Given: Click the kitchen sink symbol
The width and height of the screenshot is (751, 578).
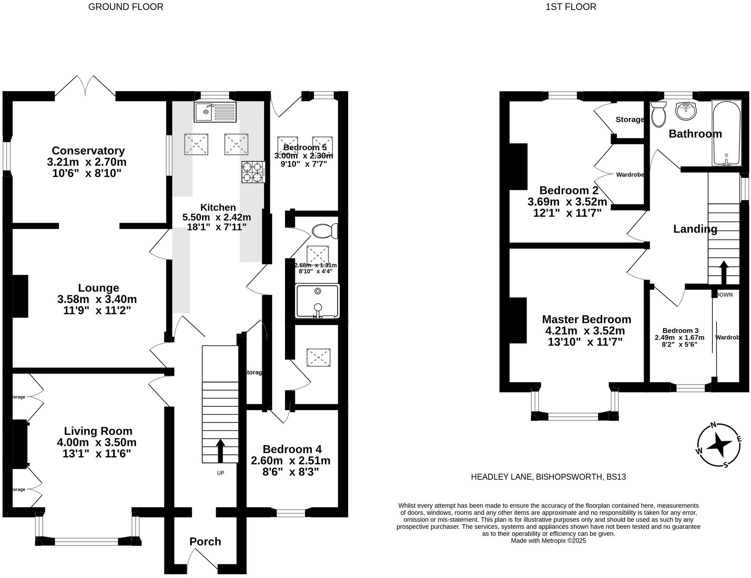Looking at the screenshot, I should (215, 112).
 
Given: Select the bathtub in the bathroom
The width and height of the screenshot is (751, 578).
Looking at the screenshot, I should (726, 133).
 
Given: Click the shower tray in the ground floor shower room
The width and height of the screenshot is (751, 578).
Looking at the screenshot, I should (317, 301).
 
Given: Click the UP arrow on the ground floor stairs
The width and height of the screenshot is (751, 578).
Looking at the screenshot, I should (220, 451).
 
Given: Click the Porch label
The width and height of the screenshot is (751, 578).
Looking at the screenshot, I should (205, 542).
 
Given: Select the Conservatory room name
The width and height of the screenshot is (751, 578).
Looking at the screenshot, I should (88, 151).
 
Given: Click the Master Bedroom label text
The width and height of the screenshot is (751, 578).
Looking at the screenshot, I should (587, 319).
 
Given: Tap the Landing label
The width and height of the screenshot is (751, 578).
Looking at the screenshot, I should (695, 229).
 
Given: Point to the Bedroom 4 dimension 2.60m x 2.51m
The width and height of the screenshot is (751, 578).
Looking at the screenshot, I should (290, 460).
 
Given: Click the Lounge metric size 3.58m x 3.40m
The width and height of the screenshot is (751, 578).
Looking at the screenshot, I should (97, 299).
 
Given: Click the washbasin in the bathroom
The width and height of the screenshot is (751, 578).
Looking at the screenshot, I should (685, 111).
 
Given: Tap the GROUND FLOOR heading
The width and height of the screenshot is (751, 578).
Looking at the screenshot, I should (126, 7).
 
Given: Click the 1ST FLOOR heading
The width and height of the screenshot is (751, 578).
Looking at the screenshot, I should (571, 7).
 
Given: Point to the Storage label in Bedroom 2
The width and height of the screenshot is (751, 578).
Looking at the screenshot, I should (630, 120).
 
